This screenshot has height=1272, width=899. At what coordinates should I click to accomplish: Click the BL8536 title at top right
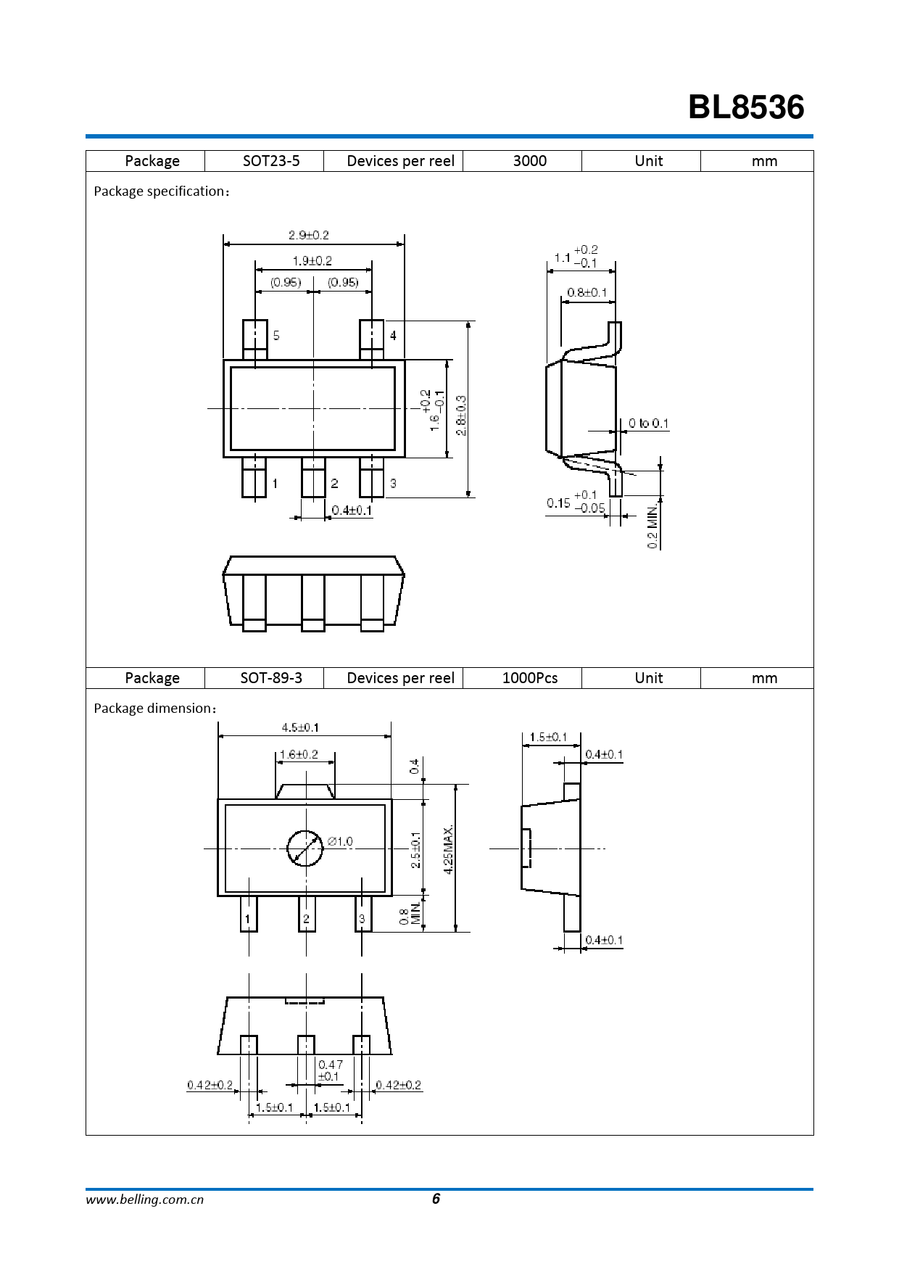(x=746, y=107)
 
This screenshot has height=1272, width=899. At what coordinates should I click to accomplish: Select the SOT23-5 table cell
(x=271, y=161)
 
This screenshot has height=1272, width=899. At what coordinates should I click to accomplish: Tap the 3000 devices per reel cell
(x=530, y=161)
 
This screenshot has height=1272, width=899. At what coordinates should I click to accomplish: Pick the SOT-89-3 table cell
(x=271, y=678)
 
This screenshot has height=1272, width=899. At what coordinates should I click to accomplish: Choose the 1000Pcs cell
(x=530, y=678)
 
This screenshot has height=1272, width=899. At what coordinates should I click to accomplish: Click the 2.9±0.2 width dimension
(x=309, y=235)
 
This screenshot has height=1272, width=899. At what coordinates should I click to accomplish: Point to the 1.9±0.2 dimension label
(x=312, y=260)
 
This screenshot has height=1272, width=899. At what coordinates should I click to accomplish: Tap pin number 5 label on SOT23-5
(x=276, y=336)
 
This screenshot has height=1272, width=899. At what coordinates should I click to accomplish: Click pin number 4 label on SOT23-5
(x=393, y=336)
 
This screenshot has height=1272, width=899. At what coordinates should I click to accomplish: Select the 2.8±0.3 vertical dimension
(x=461, y=416)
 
